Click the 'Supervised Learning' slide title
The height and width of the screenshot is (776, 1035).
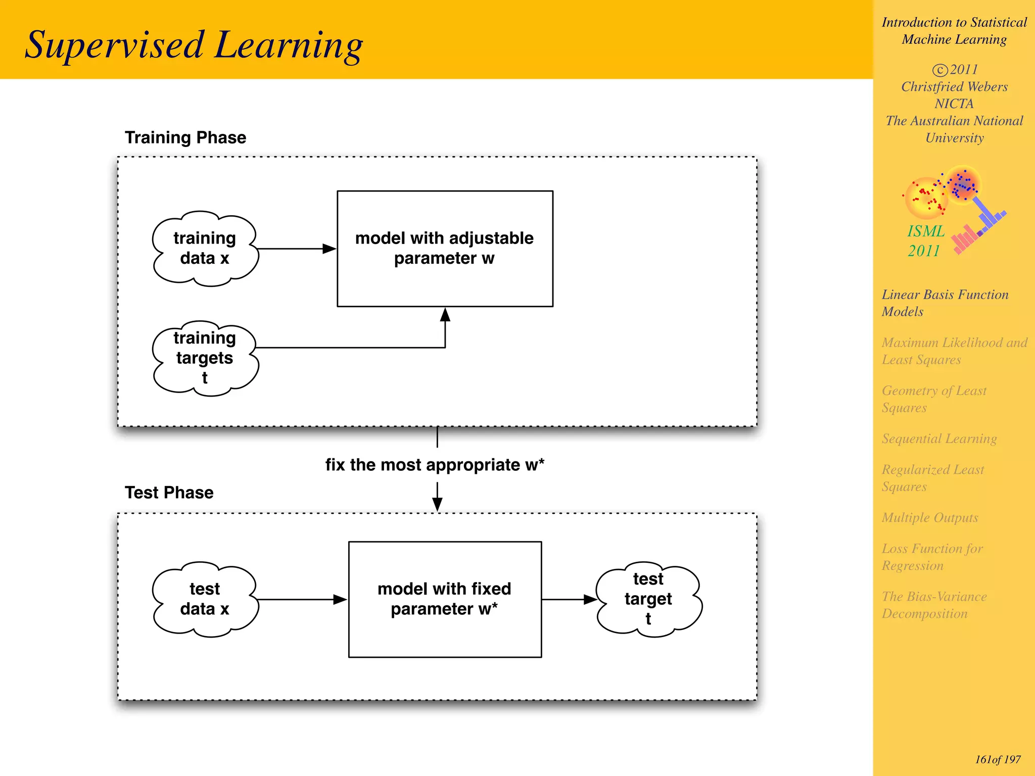pyautogui.click(x=194, y=45)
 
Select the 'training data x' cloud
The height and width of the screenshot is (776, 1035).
pyautogui.click(x=205, y=249)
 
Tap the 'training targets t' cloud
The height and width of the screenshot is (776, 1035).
pyautogui.click(x=205, y=358)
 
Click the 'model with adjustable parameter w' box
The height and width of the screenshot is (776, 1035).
pyautogui.click(x=445, y=249)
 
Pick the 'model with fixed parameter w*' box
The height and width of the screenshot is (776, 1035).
pyautogui.click(x=445, y=599)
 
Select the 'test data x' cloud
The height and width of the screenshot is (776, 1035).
pyautogui.click(x=205, y=599)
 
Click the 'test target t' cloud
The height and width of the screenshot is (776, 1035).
pyautogui.click(x=648, y=599)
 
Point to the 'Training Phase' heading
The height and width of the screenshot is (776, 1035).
pyautogui.click(x=185, y=137)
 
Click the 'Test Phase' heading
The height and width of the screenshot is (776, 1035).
pyautogui.click(x=169, y=493)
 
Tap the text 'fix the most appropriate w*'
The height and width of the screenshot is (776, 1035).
pyautogui.click(x=435, y=465)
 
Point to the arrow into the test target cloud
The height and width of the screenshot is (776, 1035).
pyautogui.click(x=569, y=600)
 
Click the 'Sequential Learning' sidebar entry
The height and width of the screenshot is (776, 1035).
pyautogui.click(x=939, y=439)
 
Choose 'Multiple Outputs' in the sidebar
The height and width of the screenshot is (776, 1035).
pyautogui.click(x=930, y=518)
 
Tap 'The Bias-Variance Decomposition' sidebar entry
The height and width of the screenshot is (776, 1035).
pyautogui.click(x=934, y=605)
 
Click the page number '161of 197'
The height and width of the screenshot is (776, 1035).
pyautogui.click(x=998, y=759)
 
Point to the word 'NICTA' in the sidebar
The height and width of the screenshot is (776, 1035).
pyautogui.click(x=954, y=104)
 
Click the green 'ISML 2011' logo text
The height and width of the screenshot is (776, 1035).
pyautogui.click(x=925, y=241)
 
